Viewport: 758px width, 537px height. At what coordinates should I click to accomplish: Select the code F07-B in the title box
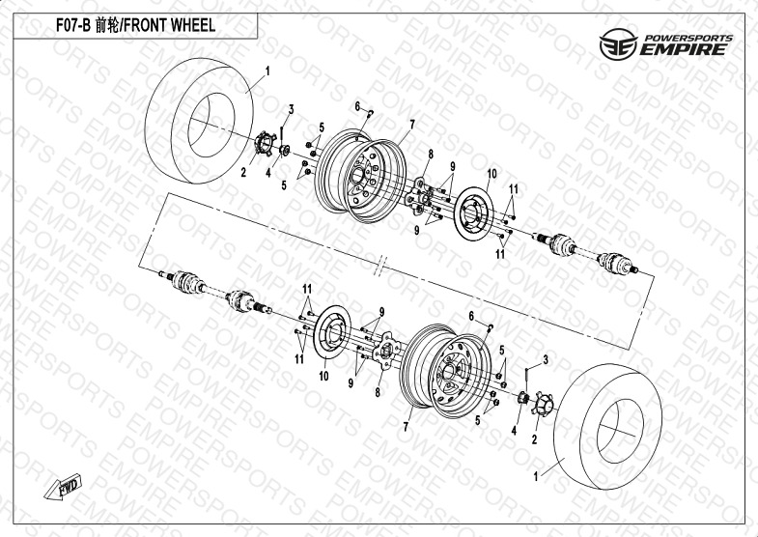point(73,25)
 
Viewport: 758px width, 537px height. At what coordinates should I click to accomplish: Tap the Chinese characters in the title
point(106,25)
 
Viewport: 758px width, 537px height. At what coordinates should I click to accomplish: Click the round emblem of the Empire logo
point(618,44)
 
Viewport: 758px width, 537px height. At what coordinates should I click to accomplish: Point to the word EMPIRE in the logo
point(684,49)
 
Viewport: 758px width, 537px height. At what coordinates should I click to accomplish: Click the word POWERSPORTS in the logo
point(688,38)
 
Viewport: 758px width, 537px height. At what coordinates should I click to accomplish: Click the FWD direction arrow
point(64,486)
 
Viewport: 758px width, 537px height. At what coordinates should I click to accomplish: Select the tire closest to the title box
point(199,121)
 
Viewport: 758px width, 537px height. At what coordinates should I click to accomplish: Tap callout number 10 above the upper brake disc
point(491,174)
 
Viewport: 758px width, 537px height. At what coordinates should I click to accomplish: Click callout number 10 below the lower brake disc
point(323,376)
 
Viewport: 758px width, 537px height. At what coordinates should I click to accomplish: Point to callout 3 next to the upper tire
point(291,110)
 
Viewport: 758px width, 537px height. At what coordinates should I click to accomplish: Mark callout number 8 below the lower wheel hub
point(378,392)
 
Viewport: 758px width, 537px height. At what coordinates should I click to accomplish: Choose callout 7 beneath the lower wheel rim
point(406,427)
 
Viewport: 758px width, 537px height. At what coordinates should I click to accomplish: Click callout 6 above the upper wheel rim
point(357,106)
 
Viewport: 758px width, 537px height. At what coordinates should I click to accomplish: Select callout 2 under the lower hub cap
point(534,439)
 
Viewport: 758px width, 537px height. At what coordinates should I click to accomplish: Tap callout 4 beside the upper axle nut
point(267,172)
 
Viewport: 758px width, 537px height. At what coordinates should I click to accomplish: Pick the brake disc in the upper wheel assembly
point(475,213)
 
